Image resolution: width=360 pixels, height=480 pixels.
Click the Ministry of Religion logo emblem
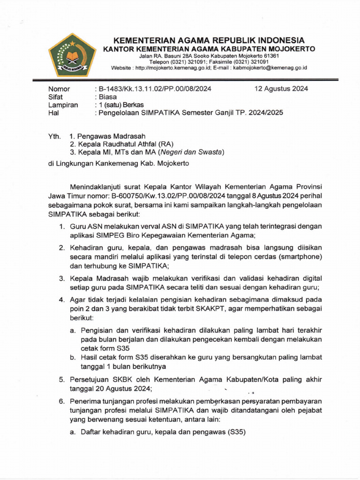[x=72, y=55]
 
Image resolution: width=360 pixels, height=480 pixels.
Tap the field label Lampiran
[x=63, y=105]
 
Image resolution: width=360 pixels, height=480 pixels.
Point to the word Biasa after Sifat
[x=107, y=97]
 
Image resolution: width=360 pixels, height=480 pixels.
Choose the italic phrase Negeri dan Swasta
[x=192, y=152]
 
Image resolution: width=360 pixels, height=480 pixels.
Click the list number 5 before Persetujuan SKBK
[x=61, y=379]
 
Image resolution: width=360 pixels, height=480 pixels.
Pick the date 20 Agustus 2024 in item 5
[x=121, y=389]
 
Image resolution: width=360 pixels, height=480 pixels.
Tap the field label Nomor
[x=60, y=89]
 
